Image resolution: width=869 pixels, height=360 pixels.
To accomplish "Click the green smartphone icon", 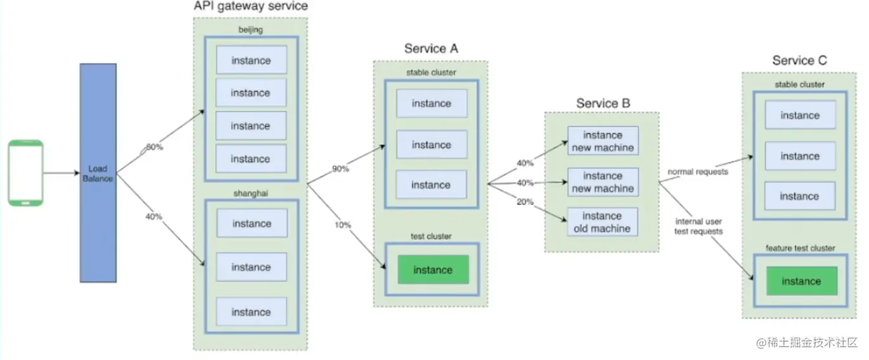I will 26,173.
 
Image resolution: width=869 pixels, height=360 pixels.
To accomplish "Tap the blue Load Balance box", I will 98,173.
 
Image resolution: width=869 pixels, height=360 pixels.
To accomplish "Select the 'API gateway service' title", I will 250,6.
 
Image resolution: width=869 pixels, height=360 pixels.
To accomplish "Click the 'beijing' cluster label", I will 251,30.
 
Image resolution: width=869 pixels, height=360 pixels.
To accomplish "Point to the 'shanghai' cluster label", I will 251,192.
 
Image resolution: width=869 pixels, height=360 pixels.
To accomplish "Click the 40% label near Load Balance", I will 154,217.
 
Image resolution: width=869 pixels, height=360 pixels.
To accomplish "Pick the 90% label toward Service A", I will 340,170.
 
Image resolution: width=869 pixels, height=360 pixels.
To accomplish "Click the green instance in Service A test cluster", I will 432,270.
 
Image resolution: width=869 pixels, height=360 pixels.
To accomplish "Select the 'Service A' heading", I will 431,49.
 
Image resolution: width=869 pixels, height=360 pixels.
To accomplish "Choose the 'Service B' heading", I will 603,103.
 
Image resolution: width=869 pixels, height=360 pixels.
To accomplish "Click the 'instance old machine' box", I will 602,222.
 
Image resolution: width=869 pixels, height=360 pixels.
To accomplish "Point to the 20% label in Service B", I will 525,201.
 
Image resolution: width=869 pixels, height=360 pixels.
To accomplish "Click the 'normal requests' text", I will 697,172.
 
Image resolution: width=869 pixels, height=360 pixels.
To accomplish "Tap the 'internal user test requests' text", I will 698,227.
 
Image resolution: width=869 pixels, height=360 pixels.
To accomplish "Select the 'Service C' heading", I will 799,60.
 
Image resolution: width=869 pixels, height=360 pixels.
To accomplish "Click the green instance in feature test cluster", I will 800,281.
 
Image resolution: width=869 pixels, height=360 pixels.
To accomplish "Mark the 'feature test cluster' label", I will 800,248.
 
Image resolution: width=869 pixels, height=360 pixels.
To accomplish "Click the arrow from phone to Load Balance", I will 62,173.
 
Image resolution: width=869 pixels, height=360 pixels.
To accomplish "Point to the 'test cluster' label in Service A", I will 430,236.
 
